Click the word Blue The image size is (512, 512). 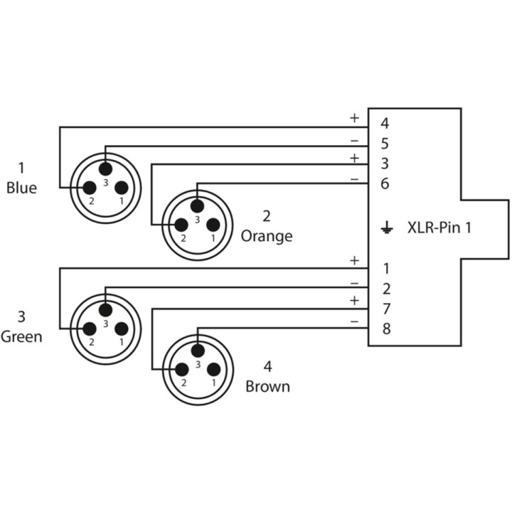tap(21, 188)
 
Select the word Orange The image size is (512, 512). tap(267, 236)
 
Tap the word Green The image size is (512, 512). tap(21, 336)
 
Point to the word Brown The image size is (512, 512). tap(268, 387)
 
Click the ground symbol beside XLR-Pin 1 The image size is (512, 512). tap(387, 228)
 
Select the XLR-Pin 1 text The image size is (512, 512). tap(439, 228)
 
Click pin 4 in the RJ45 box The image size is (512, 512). tap(385, 124)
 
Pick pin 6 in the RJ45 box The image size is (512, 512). tap(385, 183)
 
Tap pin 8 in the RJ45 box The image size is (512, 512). tap(387, 329)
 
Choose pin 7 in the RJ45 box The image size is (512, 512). tap(387, 309)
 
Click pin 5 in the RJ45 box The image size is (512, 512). tap(385, 144)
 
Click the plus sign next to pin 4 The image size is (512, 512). tap(354, 118)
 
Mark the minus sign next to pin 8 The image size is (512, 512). tap(354, 322)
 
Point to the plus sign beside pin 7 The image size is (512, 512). tap(354, 301)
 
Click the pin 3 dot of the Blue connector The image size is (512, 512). tap(105, 169)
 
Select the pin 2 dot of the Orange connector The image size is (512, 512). tap(181, 225)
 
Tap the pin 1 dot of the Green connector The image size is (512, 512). tap(122, 329)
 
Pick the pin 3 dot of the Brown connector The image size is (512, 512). tap(198, 351)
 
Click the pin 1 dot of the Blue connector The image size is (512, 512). tap(122, 188)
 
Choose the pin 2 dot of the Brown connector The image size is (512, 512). tap(182, 370)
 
